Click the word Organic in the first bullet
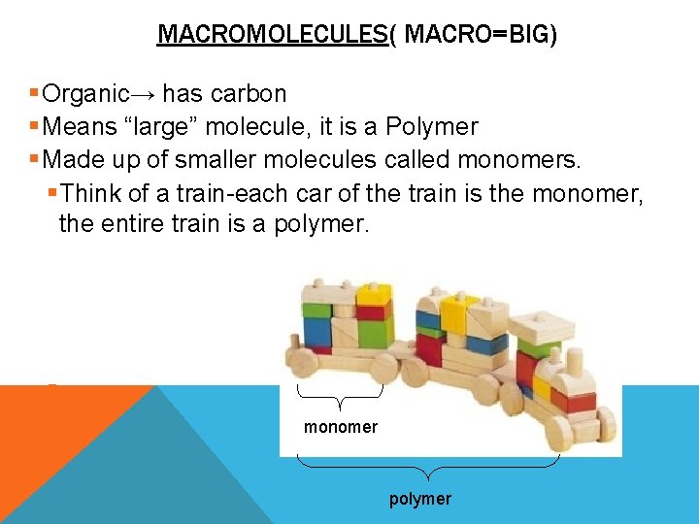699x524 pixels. coord(86,94)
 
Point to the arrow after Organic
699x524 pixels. coord(145,94)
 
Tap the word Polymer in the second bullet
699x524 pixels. coord(432,126)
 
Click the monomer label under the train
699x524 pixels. coord(341,427)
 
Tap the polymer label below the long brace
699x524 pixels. coord(419,499)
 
